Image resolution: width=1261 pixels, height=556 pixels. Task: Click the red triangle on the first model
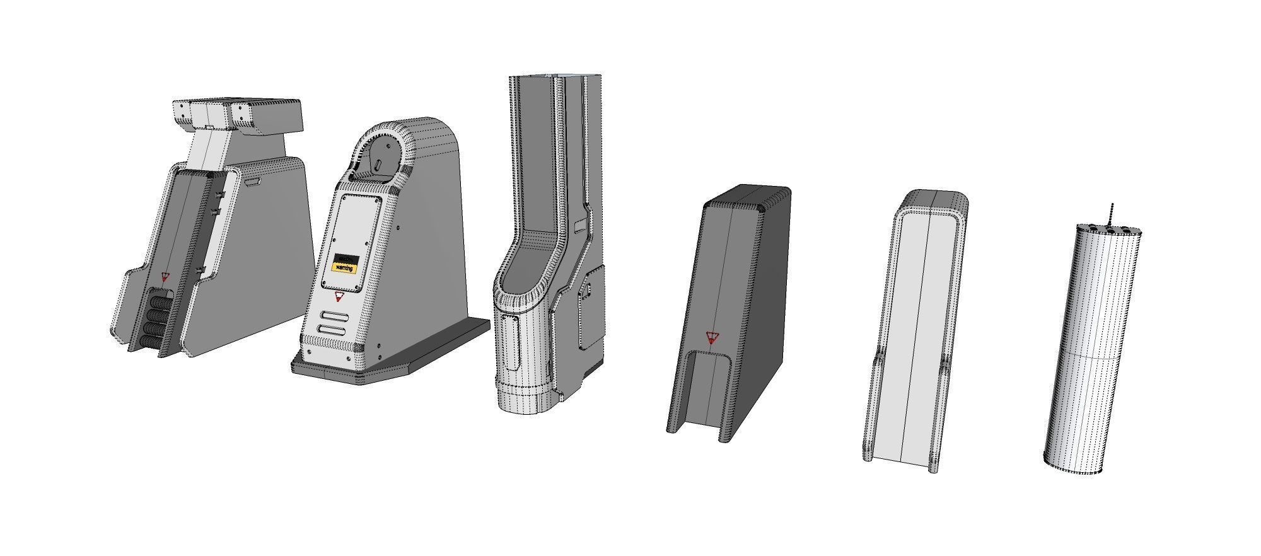pos(165,276)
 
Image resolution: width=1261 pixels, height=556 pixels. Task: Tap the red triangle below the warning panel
pos(339,295)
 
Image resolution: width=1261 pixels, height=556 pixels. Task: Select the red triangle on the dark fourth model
pos(711,337)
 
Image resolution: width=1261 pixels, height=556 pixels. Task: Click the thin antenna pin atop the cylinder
pos(1113,213)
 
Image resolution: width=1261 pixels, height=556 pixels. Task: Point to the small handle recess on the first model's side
pos(253,182)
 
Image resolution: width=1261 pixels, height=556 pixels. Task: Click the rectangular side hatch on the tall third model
pos(590,308)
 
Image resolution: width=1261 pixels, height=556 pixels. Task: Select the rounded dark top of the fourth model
pos(747,197)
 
